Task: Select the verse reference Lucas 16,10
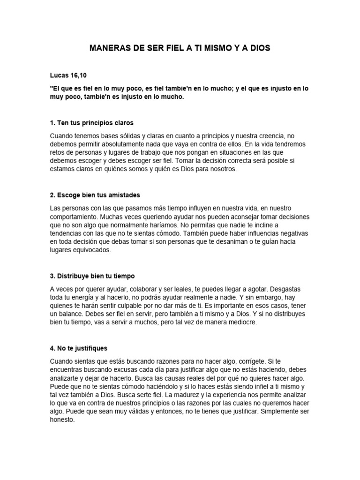pos(67,75)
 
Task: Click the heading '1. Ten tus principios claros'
pos(91,123)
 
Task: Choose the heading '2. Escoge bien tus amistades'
pos(95,195)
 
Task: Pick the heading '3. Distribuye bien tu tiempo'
pos(92,276)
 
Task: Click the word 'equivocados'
pos(90,250)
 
